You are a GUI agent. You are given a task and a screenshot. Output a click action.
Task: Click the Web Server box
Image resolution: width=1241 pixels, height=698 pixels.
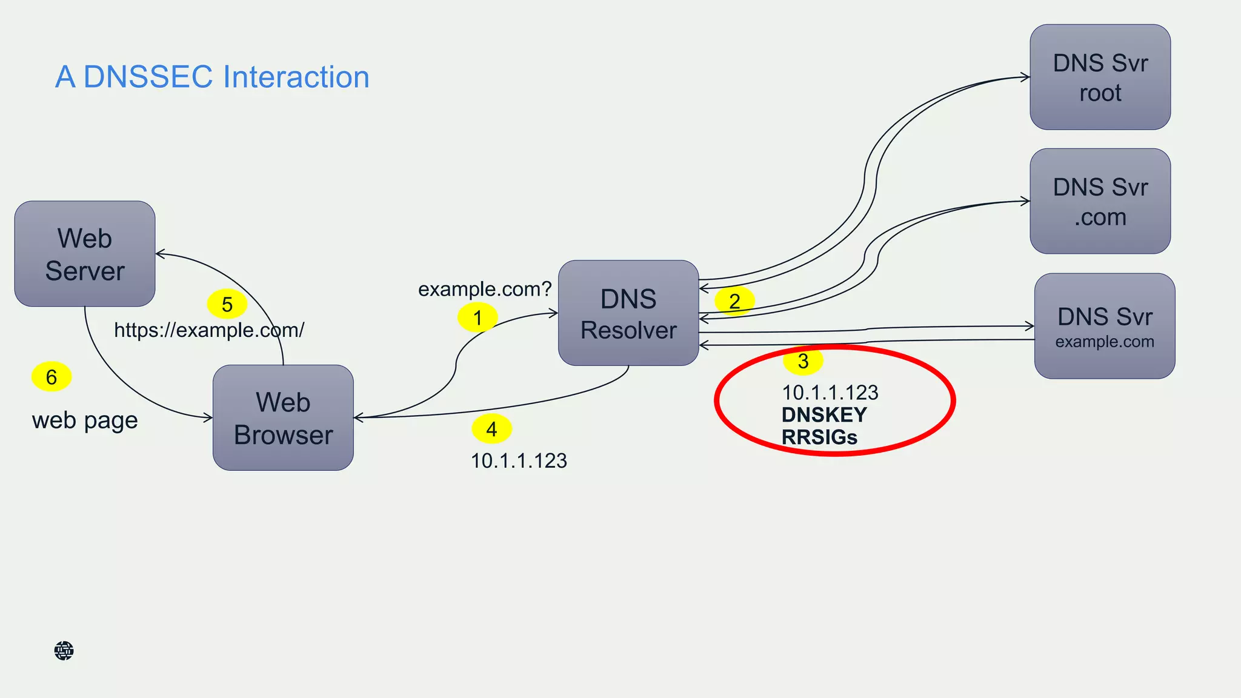[x=85, y=254]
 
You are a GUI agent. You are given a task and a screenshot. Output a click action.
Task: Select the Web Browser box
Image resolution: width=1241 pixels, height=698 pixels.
[x=283, y=417]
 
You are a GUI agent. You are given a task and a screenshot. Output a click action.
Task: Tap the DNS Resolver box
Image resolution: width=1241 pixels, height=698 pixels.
[x=628, y=313]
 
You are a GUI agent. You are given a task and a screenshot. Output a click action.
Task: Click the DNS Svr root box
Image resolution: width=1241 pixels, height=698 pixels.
[x=1100, y=78]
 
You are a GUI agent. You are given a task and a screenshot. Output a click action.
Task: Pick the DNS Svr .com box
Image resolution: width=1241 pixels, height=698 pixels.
[x=1100, y=201]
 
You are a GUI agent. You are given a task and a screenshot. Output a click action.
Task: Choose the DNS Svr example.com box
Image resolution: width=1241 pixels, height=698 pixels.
[x=1104, y=326]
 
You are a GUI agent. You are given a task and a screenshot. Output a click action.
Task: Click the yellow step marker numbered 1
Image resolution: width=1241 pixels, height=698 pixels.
[x=477, y=317]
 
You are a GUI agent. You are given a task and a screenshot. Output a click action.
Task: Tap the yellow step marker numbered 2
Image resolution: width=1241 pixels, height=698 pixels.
[x=734, y=301]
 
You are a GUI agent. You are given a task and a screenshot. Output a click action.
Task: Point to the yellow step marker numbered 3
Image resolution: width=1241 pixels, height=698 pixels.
[x=803, y=361]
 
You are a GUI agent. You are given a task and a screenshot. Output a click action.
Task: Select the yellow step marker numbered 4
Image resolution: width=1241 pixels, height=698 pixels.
[x=491, y=429]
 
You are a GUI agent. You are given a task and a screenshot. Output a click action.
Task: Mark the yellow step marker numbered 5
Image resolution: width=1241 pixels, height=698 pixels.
[x=227, y=304]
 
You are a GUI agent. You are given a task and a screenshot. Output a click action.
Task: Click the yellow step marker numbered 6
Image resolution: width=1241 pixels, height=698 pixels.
[x=52, y=377]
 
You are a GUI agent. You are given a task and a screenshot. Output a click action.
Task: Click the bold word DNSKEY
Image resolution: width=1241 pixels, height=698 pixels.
[x=824, y=415]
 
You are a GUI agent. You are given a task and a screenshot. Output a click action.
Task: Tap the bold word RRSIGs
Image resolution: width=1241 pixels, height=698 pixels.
[x=819, y=437]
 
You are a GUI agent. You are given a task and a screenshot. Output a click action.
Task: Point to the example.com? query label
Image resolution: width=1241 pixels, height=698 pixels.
[x=485, y=289]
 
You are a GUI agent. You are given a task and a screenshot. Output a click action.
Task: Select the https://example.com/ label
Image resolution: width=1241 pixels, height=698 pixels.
[x=209, y=330]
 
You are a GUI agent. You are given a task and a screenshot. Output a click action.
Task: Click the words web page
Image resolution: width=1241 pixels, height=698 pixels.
[x=85, y=420]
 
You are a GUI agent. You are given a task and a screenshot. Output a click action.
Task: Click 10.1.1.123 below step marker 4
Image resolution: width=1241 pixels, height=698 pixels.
[x=519, y=461]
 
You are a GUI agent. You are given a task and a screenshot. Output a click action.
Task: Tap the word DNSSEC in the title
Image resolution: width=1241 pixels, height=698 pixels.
[x=148, y=77]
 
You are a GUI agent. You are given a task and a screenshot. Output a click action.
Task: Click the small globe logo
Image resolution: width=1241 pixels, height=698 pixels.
[x=64, y=651]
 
